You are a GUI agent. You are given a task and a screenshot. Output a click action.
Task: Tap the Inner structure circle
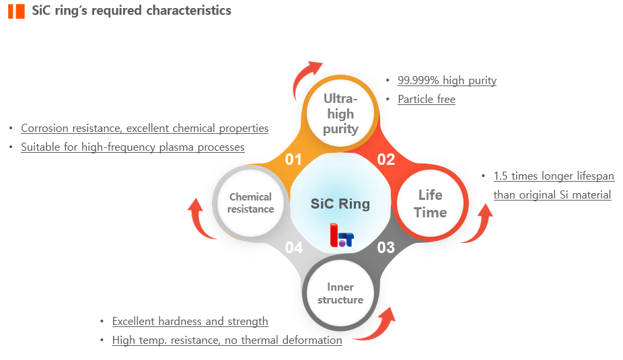340,293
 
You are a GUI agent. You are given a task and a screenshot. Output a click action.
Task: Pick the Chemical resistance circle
250,203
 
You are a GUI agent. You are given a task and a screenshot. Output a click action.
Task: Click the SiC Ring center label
340,203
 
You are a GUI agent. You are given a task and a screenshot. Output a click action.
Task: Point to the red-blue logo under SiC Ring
341,235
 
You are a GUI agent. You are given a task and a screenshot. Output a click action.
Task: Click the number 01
293,159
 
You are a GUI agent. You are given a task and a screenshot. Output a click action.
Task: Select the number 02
386,159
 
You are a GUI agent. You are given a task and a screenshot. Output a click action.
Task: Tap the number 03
386,248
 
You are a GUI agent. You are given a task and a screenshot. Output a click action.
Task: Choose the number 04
293,248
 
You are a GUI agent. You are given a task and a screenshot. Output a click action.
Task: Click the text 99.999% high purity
447,81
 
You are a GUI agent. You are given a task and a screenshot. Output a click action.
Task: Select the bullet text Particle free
427,100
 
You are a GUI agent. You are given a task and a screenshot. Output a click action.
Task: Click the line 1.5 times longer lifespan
554,176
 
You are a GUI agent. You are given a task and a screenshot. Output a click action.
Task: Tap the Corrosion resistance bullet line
145,128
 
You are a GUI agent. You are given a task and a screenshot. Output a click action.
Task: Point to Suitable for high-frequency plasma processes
133,147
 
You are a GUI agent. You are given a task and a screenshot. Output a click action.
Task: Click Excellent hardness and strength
190,322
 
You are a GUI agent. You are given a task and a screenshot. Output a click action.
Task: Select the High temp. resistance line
227,340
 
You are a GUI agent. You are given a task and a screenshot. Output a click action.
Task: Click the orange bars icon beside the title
17,11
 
